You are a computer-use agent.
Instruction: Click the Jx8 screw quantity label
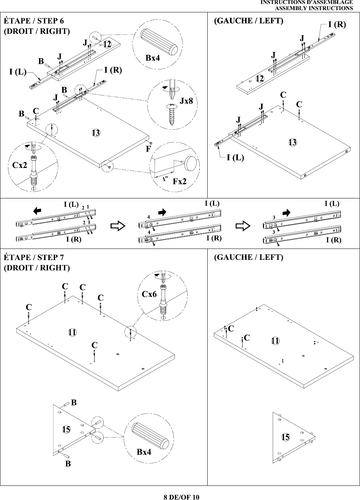[186, 101]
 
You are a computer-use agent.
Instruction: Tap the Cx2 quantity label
[20, 165]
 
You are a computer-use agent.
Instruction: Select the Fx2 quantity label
[179, 181]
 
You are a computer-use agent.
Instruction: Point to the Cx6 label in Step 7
[149, 294]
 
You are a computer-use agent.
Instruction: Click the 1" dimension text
[165, 179]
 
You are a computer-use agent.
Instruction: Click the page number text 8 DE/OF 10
[181, 497]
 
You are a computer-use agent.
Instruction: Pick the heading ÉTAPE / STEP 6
[34, 21]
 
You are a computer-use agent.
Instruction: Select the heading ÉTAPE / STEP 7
[34, 257]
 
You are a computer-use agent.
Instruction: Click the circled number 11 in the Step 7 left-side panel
[275, 341]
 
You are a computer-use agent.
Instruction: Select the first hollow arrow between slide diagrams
[118, 226]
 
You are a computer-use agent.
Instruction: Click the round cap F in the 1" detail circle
[190, 164]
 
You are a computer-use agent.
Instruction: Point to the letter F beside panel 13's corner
[148, 149]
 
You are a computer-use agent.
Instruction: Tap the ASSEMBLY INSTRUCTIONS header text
[314, 8]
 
